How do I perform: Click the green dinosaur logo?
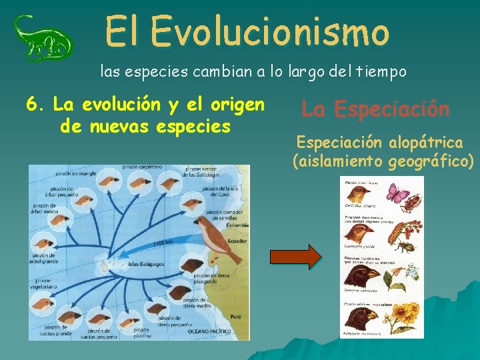coord(43,38)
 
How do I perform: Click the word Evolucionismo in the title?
coord(269,32)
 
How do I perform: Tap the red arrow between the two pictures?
coord(295,257)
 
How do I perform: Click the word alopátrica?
coord(427,142)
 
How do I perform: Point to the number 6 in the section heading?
coord(31,105)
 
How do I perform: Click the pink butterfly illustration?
coord(398,194)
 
